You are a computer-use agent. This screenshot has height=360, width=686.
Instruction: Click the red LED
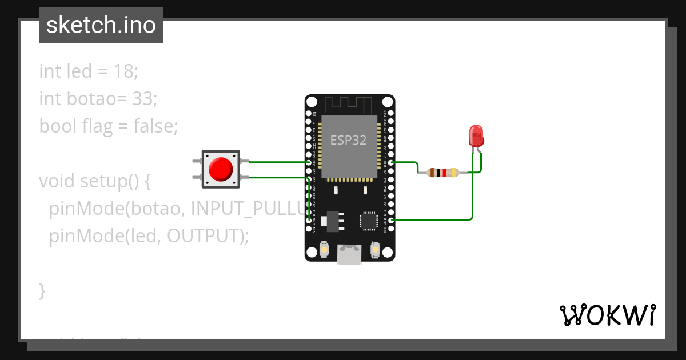pyautogui.click(x=476, y=136)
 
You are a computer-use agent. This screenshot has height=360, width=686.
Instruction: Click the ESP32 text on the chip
pyautogui.click(x=349, y=140)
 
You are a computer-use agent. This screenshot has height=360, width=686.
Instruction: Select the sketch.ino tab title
pyautogui.click(x=101, y=25)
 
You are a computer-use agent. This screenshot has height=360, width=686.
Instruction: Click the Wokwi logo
pyautogui.click(x=607, y=315)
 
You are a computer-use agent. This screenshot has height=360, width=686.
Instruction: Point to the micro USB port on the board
pyautogui.click(x=349, y=254)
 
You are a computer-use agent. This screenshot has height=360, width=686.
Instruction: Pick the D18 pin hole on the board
pyautogui.click(x=391, y=162)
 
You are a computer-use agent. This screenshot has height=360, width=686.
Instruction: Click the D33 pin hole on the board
pyautogui.click(x=309, y=162)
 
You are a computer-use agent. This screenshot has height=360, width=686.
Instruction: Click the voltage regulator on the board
pyautogui.click(x=332, y=220)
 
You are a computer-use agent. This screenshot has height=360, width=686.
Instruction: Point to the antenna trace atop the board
pyautogui.click(x=349, y=105)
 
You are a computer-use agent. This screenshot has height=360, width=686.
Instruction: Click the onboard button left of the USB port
pyautogui.click(x=324, y=250)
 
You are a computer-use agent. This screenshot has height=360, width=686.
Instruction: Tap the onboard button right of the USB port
pyautogui.click(x=375, y=250)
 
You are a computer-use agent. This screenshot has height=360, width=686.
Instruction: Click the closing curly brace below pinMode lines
pyautogui.click(x=42, y=290)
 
